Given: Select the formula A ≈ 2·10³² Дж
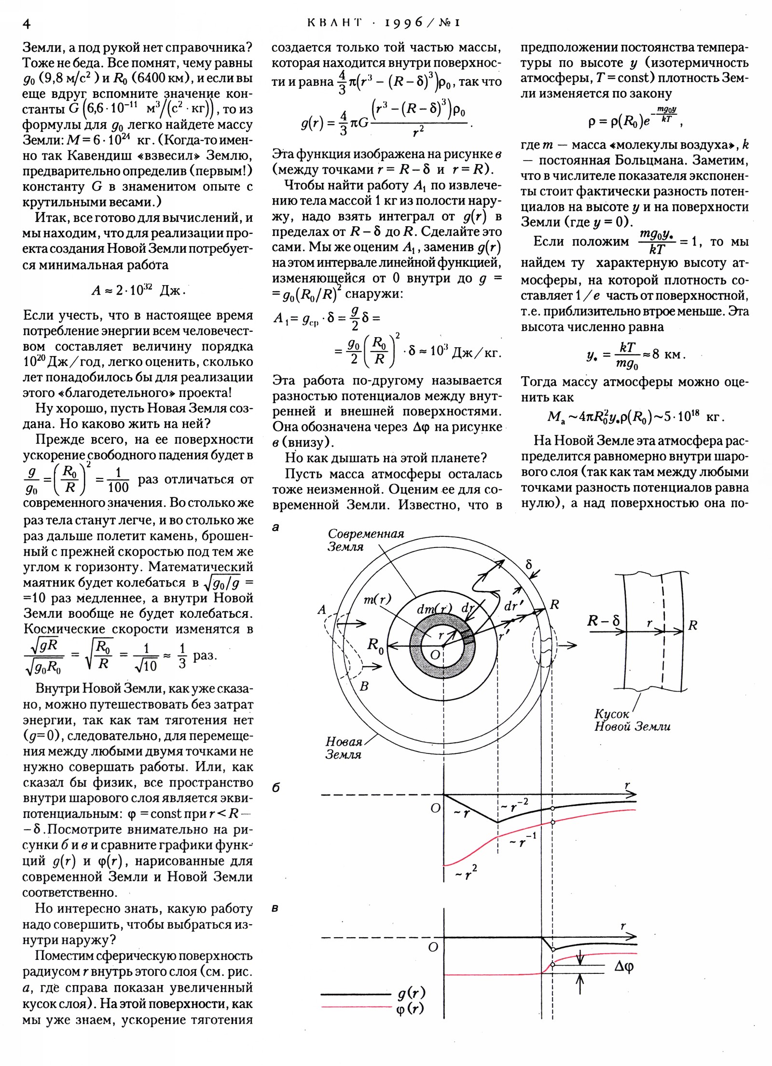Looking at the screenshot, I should [138, 290].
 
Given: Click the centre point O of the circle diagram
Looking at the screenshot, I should [435, 655].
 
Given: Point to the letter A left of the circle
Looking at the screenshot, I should [322, 610].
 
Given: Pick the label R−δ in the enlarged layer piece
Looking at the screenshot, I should [603, 621].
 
